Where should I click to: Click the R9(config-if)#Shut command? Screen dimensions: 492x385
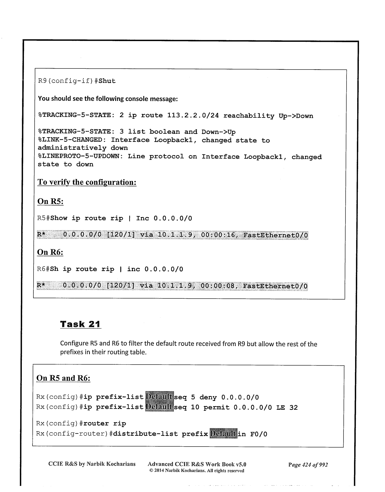click(77, 81)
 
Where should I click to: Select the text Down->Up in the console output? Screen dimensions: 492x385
click(218, 132)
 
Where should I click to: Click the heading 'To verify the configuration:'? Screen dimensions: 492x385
click(87, 182)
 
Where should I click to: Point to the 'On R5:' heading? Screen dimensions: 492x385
click(51, 201)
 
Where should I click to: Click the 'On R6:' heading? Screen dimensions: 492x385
click(50, 252)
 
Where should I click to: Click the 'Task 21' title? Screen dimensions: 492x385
click(80, 324)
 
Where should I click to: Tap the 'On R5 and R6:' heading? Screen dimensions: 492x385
click(63, 378)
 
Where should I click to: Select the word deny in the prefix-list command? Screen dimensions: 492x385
click(208, 397)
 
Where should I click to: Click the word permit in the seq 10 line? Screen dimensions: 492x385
click(216, 407)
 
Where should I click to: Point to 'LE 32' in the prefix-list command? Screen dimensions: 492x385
click(287, 407)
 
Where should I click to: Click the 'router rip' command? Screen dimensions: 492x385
click(103, 423)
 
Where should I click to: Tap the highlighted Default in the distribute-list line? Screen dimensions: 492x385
click(223, 434)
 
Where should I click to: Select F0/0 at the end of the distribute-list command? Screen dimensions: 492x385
click(259, 434)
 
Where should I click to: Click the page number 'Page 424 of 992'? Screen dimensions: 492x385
click(308, 464)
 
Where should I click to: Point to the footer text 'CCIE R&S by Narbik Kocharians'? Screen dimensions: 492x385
click(92, 464)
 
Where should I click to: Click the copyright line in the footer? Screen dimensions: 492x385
click(197, 470)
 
